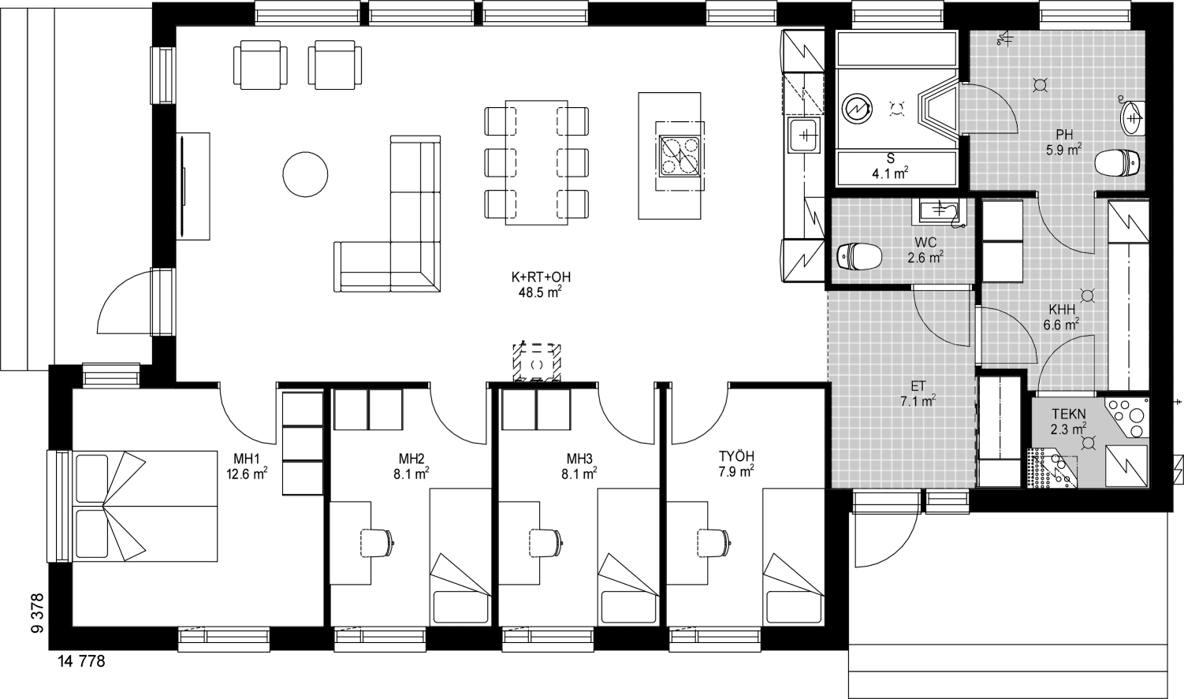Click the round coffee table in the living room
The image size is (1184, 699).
tap(305, 174)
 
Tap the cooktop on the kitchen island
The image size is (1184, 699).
tap(679, 155)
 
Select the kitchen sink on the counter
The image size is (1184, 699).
tap(804, 136)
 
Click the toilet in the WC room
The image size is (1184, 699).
tap(859, 256)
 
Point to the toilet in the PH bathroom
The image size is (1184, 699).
tap(1116, 163)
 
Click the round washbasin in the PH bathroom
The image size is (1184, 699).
tap(1131, 118)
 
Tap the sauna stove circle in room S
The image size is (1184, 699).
tap(857, 110)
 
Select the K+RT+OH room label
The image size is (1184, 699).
tap(541, 277)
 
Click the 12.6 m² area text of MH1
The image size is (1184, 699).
tap(247, 473)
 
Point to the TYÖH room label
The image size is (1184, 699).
tap(736, 456)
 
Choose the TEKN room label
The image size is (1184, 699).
tap(1069, 414)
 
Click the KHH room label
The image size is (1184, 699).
tap(1062, 310)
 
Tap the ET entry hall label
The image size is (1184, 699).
tap(918, 386)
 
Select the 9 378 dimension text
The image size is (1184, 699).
tap(37, 612)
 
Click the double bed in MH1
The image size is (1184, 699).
tap(145, 506)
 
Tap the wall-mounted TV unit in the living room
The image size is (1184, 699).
tap(192, 185)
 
